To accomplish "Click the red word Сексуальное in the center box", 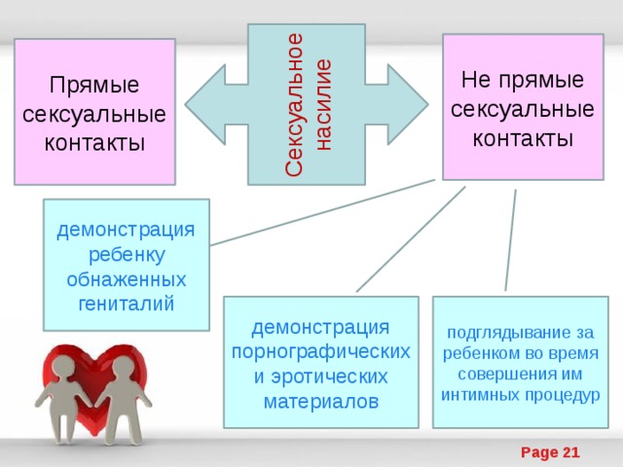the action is (x=294, y=104).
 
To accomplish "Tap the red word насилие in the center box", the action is (x=323, y=105).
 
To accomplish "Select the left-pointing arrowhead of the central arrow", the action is (x=205, y=105).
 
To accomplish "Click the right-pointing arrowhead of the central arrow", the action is (x=408, y=105).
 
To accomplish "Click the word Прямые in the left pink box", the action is (x=94, y=85).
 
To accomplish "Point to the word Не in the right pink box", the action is (x=476, y=80).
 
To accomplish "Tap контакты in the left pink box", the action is (x=94, y=143).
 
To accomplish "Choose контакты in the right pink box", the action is (x=523, y=138).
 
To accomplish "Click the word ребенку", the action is (x=127, y=255).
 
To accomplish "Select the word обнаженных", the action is (x=127, y=279).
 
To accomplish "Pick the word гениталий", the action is (x=127, y=304).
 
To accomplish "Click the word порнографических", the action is (x=320, y=352).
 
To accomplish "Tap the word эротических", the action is (x=329, y=377).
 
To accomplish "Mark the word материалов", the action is (x=321, y=402).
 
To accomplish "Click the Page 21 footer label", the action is (x=550, y=452).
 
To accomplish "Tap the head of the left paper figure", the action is (x=63, y=366).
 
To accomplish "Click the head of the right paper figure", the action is (x=122, y=367).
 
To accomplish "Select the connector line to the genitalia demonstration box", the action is (x=322, y=212).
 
